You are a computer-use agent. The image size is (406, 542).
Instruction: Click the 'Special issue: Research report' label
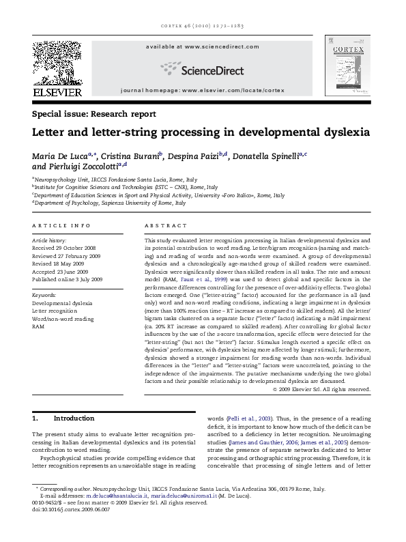pyautogui.click(x=93, y=113)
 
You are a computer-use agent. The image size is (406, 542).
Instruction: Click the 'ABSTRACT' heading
pyautogui.click(x=165, y=225)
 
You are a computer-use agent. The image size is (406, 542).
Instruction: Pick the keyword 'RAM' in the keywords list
pyautogui.click(x=38, y=327)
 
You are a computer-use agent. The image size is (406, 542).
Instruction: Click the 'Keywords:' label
pyautogui.click(x=44, y=295)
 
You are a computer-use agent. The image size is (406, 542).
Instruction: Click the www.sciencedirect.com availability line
pyautogui.click(x=202, y=46)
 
